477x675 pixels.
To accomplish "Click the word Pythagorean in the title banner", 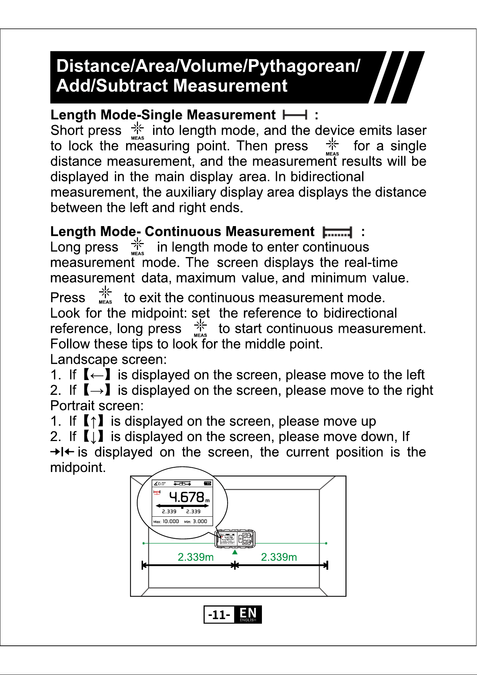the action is click(x=302, y=66).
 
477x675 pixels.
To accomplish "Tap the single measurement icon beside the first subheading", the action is click(x=295, y=115).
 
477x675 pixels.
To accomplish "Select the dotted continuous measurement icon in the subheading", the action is click(x=337, y=232).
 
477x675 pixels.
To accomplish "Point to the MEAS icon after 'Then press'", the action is click(x=332, y=147).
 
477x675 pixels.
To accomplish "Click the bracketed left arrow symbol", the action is click(x=97, y=375).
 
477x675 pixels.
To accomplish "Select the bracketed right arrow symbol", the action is click(x=97, y=391).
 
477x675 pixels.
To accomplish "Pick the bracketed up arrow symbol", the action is click(x=93, y=421).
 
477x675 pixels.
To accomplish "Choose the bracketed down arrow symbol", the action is click(x=93, y=437).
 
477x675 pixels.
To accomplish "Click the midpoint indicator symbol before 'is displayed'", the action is click(x=62, y=452).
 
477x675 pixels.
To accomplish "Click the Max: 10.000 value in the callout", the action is click(x=166, y=521).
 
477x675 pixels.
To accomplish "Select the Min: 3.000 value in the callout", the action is click(x=196, y=521).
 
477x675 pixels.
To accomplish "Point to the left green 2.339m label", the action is click(x=196, y=557).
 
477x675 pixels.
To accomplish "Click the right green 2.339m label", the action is click(x=279, y=557).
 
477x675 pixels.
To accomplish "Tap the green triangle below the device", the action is click(x=235, y=552).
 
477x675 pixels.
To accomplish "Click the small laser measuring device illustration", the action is click(x=235, y=539).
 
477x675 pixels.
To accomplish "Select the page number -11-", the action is click(x=219, y=614).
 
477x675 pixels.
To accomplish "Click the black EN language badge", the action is click(x=248, y=614).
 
